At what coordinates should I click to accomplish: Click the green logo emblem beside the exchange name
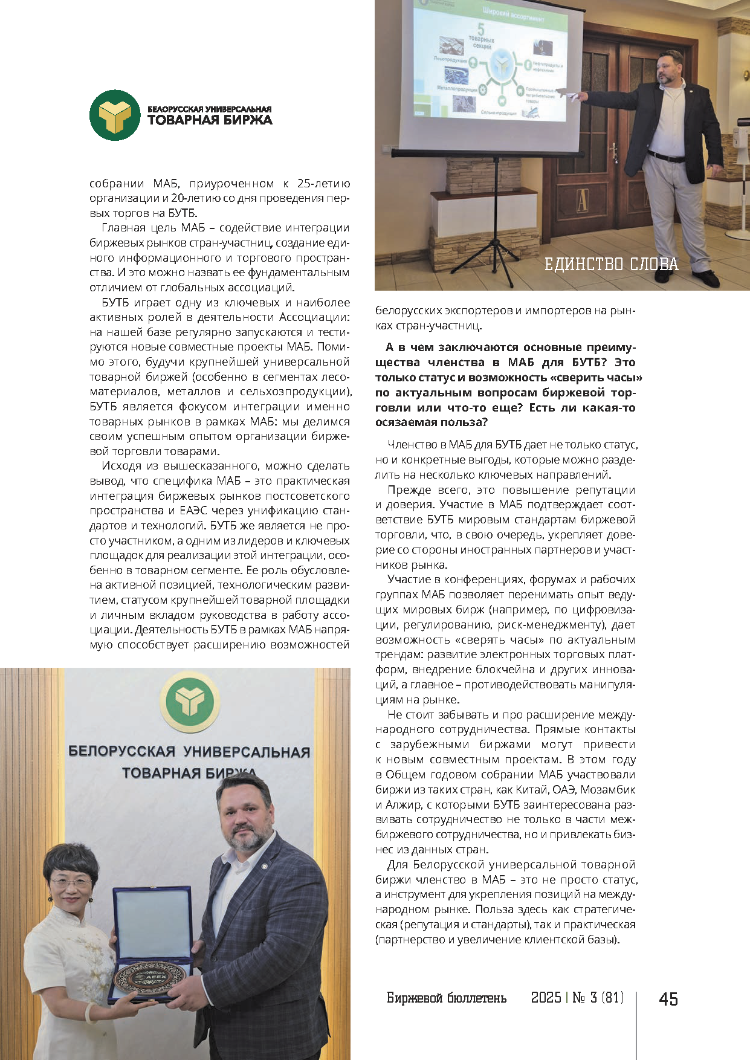tap(115, 115)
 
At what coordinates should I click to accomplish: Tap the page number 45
tap(668, 998)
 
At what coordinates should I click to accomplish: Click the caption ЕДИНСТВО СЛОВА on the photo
tap(611, 264)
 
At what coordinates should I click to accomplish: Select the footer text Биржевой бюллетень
tap(446, 998)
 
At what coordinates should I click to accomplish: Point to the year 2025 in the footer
tap(546, 997)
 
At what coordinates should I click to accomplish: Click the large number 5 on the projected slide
tap(481, 29)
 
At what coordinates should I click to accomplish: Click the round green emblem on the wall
tap(190, 702)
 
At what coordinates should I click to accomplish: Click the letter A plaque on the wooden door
tap(582, 201)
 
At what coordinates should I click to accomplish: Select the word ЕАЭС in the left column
tap(193, 511)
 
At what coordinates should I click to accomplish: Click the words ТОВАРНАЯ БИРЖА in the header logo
tap(210, 120)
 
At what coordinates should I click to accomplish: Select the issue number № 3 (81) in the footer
tap(598, 997)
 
